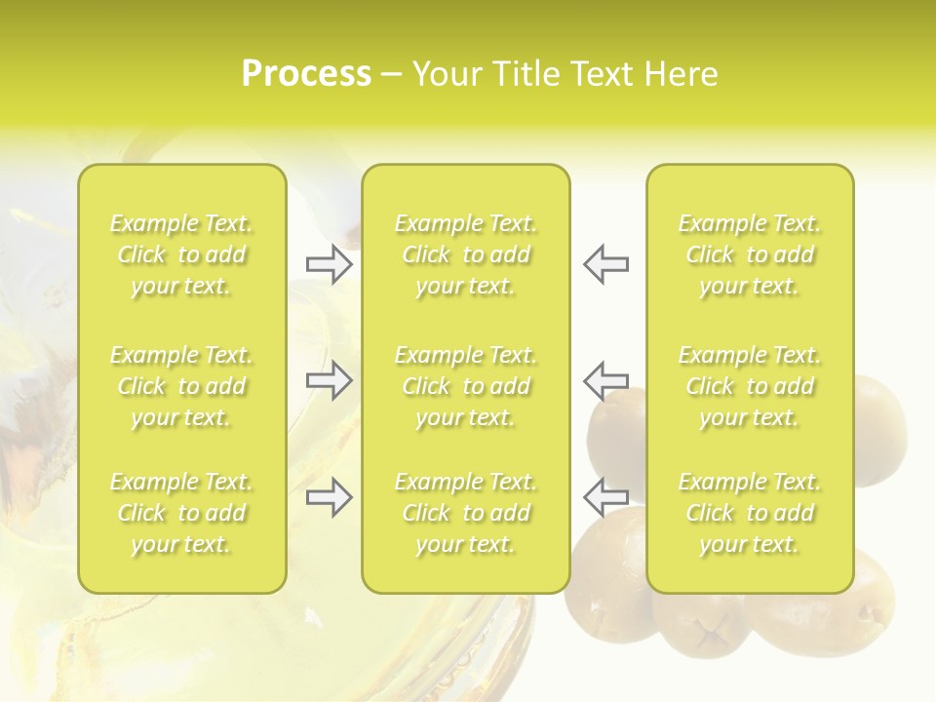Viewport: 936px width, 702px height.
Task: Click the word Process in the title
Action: (306, 74)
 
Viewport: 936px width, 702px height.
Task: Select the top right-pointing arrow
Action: (329, 264)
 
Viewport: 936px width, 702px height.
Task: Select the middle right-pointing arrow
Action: (329, 380)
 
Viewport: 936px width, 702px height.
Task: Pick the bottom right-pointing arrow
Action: (329, 497)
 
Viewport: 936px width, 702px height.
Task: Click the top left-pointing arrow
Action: (605, 264)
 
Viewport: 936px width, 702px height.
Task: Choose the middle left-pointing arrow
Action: (605, 380)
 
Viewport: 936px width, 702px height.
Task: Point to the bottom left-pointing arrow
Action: (605, 497)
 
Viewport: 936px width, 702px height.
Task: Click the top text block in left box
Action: (181, 255)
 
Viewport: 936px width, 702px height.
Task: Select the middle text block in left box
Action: (181, 386)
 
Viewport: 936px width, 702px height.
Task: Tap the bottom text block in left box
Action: (181, 513)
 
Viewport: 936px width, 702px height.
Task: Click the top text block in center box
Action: (466, 255)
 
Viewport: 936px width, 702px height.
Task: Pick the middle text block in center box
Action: (466, 386)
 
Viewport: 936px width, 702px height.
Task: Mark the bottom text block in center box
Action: (466, 513)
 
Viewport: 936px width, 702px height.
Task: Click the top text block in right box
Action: (750, 255)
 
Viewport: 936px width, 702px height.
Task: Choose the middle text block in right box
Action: (750, 386)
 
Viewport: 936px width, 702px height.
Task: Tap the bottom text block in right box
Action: (750, 513)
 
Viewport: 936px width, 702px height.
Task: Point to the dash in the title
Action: (392, 76)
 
